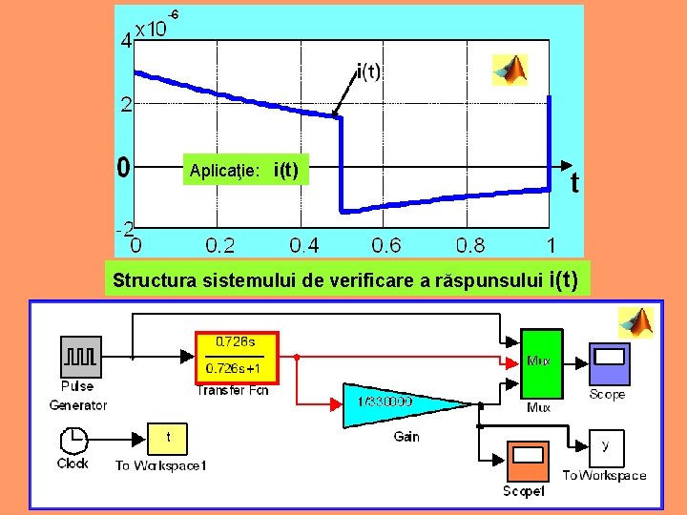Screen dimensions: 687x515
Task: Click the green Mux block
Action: pos(540,361)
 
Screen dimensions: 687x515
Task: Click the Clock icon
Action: pos(72,441)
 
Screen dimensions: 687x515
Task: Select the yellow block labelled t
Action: pos(168,438)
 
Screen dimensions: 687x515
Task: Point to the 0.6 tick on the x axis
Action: pos(386,245)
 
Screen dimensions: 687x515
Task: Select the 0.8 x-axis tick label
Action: pos(469,245)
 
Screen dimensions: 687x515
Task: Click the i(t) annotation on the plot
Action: pos(368,71)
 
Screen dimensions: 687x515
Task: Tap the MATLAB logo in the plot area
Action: pos(510,69)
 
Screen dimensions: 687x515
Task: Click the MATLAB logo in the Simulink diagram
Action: pos(636,321)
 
